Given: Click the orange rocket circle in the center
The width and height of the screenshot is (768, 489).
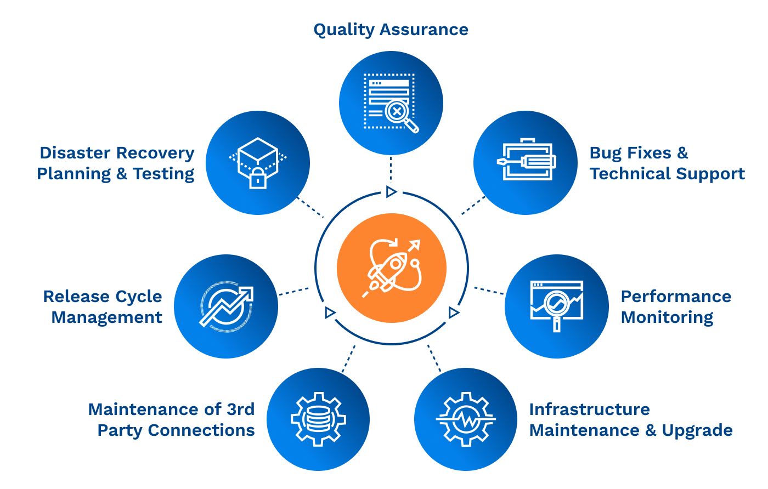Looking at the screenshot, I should pos(391,268).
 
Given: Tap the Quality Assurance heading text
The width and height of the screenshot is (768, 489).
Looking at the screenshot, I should pos(391,30).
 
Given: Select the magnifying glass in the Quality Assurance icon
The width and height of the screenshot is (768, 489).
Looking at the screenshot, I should pos(400,114).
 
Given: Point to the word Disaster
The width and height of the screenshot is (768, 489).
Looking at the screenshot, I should pos(75,153).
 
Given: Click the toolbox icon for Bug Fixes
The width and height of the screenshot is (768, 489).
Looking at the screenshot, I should pos(526,160).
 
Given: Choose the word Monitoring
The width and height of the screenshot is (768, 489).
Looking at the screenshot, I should pos(667,317).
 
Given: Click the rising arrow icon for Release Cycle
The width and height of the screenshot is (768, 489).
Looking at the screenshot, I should pos(226,306).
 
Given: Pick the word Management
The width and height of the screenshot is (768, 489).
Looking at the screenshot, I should pos(107,317).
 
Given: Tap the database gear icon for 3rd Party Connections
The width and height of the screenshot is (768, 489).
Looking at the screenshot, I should pos(318,419).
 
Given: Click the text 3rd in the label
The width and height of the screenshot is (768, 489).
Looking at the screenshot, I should pos(240,410).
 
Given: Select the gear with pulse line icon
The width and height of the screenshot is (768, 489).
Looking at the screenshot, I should pos(466,419).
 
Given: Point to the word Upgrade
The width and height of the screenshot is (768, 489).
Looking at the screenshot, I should pos(697,431).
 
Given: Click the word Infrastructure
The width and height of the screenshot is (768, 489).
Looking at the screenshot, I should pos(589,410).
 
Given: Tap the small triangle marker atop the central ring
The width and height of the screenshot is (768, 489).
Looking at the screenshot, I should pos(391,191).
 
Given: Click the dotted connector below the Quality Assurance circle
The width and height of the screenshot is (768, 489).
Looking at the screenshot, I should pos(391,169).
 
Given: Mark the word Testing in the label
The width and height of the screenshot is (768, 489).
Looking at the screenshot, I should pos(163,174).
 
